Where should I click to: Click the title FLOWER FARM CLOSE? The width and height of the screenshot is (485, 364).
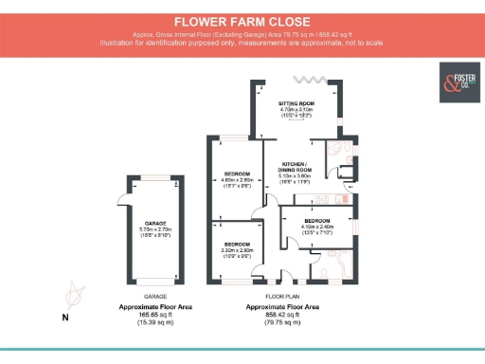pos(242,20)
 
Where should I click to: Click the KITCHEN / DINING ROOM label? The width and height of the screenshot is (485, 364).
pos(296,168)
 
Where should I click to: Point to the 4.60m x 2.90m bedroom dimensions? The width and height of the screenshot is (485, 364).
pos(237,180)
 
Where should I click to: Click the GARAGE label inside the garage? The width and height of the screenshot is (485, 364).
pos(155,223)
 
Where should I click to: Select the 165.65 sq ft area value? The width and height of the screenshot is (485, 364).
pos(155,316)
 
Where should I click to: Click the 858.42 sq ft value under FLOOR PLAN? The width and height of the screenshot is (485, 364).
pos(283,316)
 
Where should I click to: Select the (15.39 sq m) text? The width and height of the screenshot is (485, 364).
pos(155,323)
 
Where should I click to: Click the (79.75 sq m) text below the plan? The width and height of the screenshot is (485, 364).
pos(283,323)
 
